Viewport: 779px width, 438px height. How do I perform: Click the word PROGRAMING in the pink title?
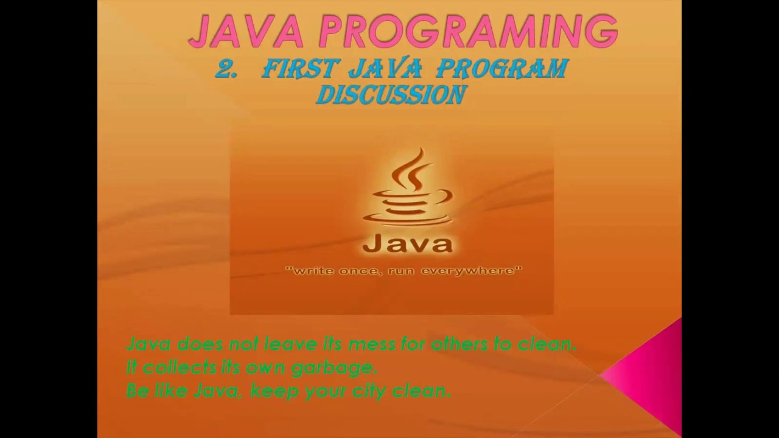[x=468, y=32]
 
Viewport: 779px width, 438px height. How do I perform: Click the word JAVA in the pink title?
[x=246, y=32]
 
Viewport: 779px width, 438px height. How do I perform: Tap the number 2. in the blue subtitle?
[x=226, y=70]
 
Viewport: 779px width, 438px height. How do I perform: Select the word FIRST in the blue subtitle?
[x=300, y=70]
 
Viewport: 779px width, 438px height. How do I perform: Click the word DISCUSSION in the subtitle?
[x=391, y=96]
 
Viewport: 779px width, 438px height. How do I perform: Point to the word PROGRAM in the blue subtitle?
[x=502, y=70]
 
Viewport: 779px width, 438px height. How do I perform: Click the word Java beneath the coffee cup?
[x=407, y=244]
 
